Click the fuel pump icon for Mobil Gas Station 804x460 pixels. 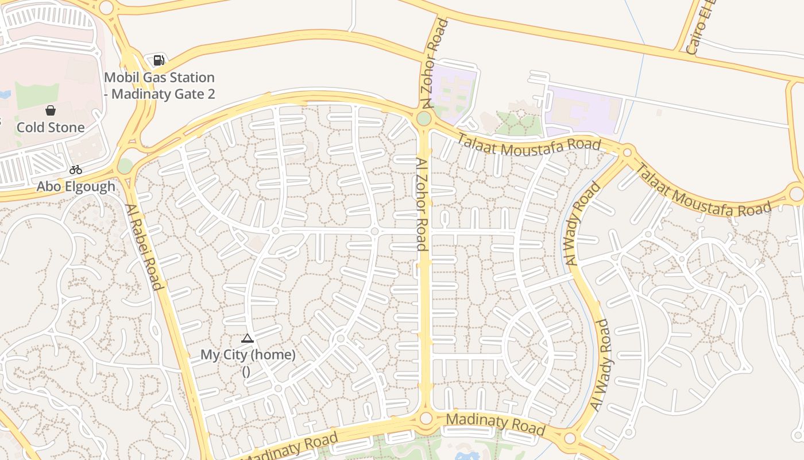[x=159, y=60]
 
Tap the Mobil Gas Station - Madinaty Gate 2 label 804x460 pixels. [x=160, y=86]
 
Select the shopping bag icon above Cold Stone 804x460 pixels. [x=51, y=110]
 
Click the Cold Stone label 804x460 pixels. [x=51, y=127]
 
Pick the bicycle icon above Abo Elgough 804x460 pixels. [x=75, y=170]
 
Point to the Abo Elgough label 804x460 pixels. [x=76, y=186]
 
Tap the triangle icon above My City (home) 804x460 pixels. [x=248, y=338]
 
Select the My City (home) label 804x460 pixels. [x=248, y=355]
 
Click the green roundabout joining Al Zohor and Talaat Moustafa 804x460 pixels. [x=424, y=119]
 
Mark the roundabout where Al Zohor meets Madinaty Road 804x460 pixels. [x=426, y=418]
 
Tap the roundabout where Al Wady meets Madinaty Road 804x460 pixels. [x=570, y=439]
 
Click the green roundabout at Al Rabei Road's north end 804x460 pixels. [x=125, y=166]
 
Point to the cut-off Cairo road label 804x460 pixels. [x=701, y=28]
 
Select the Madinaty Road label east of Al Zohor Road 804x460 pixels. [x=495, y=424]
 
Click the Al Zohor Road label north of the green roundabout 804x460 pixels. [x=434, y=63]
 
